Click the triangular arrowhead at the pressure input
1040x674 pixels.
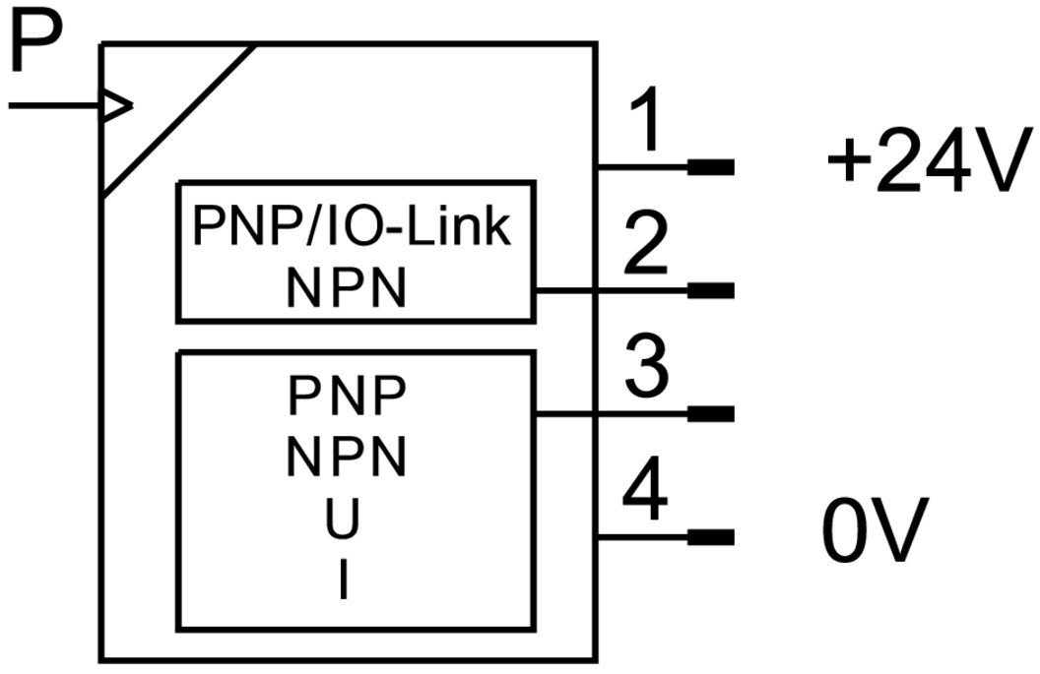tap(117, 105)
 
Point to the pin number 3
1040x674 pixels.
tap(647, 368)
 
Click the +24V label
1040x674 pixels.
tap(922, 165)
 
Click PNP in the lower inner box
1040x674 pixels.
tap(347, 397)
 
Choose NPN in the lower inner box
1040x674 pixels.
tap(347, 456)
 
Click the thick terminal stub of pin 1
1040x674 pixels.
tap(710, 167)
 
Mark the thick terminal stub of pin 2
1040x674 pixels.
tap(710, 290)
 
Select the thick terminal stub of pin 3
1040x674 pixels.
tap(710, 413)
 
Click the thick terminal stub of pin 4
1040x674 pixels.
tap(710, 537)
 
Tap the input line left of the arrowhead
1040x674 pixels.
tap(54, 105)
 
